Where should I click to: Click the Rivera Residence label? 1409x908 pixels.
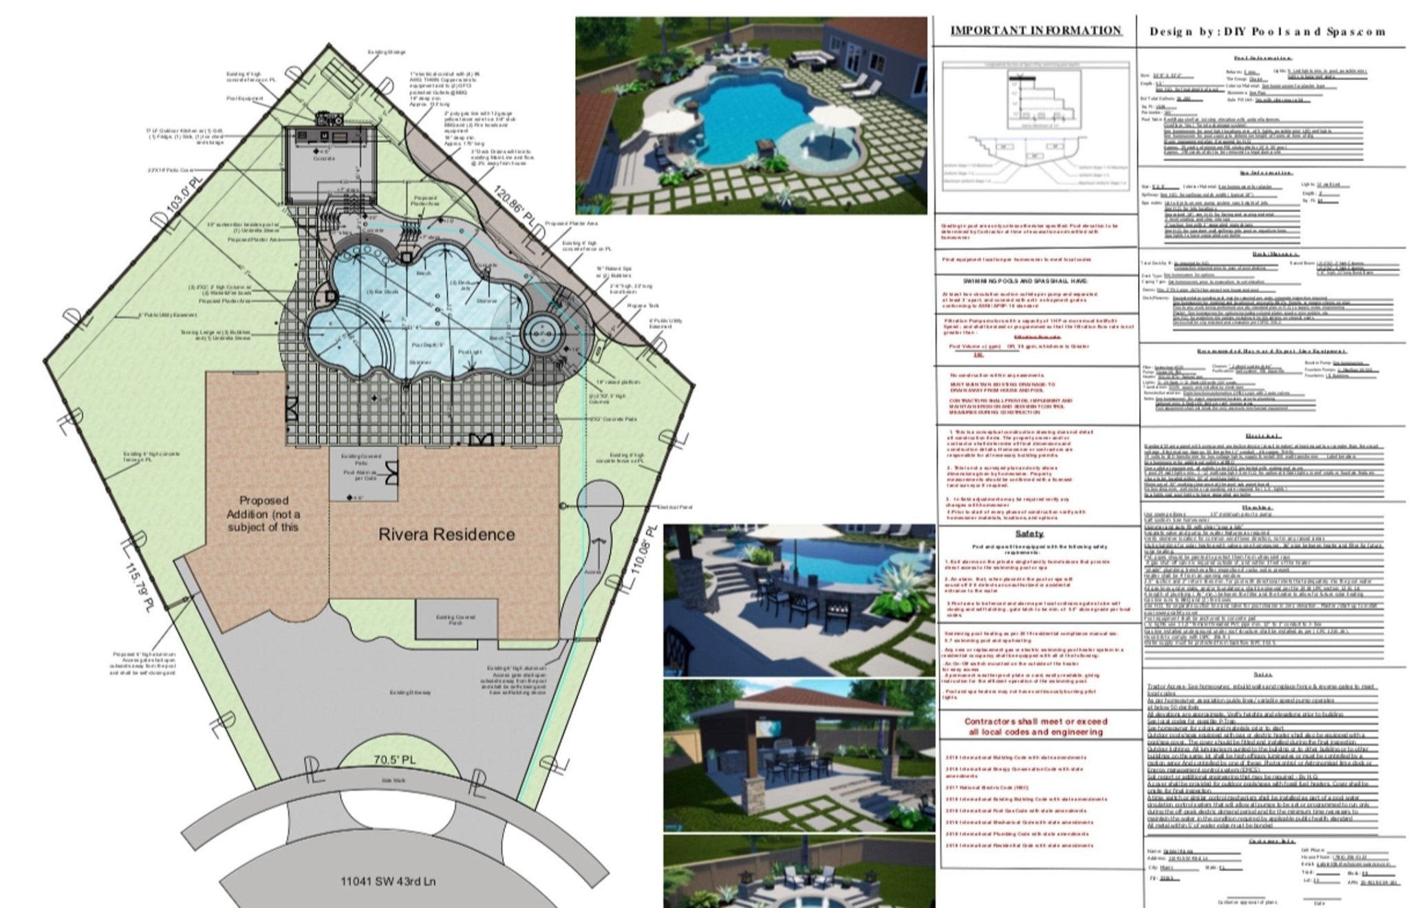click(447, 534)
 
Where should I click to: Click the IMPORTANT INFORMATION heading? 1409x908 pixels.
click(1035, 30)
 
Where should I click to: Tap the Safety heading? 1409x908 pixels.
click(1029, 534)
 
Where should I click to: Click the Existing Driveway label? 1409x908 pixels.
click(410, 692)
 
